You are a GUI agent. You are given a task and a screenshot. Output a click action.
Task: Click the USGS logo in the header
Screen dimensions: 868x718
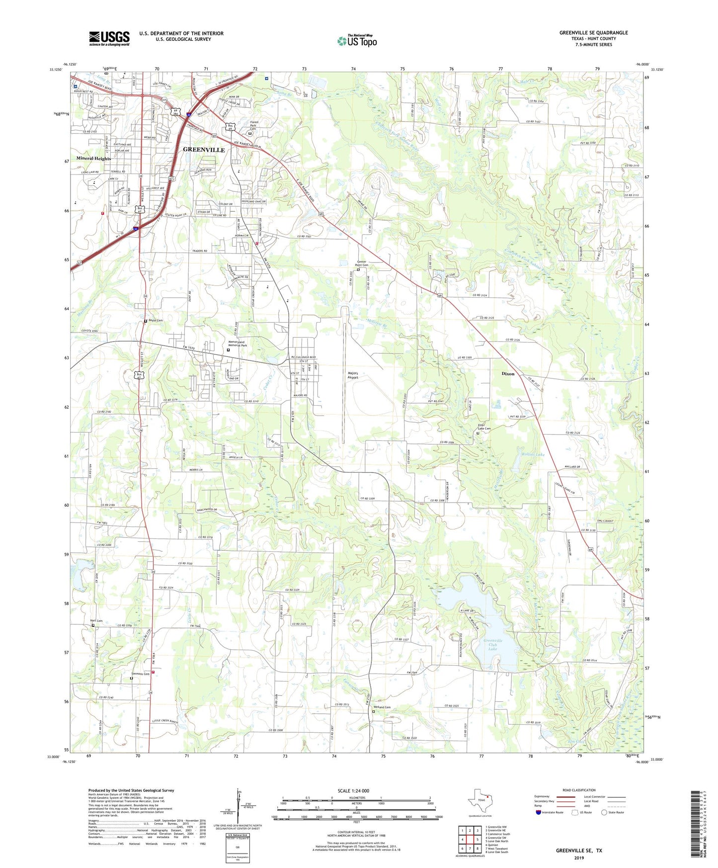pos(109,38)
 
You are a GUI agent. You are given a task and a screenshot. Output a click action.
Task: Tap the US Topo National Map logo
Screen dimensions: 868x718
pos(357,41)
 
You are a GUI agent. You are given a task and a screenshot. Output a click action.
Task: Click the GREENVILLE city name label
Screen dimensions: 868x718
pos(204,150)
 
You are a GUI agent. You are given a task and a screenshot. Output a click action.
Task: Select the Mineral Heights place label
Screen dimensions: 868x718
pos(94,159)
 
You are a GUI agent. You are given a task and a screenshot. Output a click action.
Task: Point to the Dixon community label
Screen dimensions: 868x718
pos(508,373)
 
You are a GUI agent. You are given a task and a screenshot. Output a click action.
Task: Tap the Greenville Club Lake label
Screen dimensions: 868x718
pos(493,644)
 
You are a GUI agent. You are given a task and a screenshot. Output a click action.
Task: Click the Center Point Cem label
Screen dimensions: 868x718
pos(362,264)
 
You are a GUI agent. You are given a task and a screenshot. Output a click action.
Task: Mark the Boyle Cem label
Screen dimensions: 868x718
pos(156,321)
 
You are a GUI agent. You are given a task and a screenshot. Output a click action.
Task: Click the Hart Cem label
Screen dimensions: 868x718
pos(96,620)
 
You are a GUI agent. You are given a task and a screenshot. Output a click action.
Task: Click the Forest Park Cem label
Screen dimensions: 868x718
pos(254,127)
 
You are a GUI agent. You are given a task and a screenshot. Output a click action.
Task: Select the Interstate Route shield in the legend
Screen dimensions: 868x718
pos(539,812)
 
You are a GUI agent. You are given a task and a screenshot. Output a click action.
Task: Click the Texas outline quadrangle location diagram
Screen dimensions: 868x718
pos(479,801)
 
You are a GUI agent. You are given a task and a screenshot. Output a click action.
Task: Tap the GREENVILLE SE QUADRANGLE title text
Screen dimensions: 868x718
pos(593,33)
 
